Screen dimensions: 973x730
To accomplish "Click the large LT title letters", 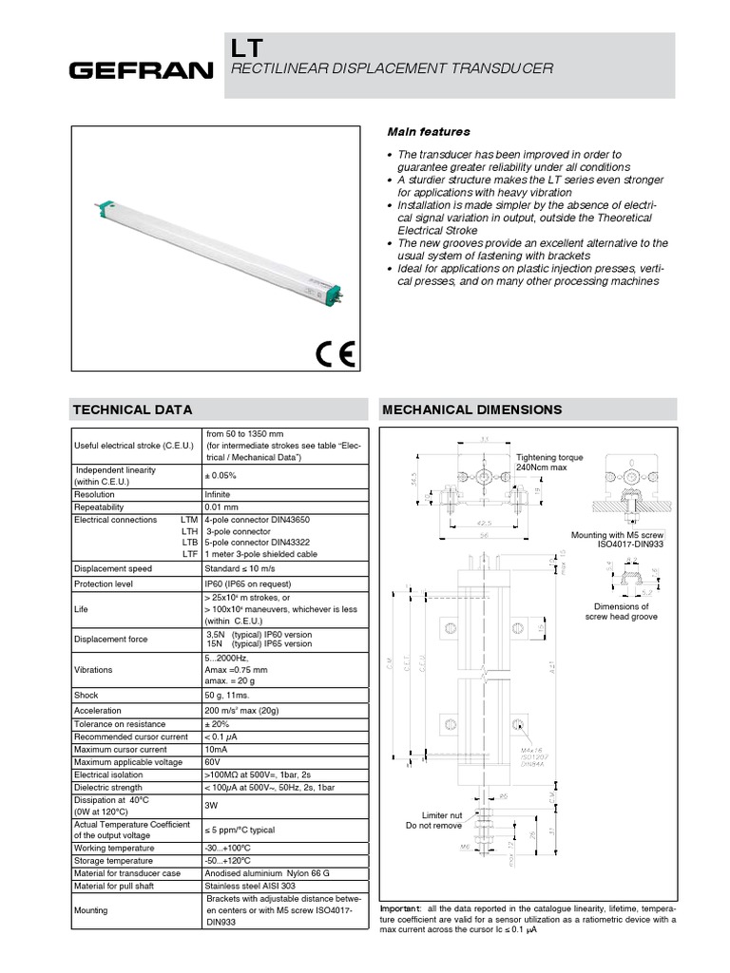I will click(246, 49).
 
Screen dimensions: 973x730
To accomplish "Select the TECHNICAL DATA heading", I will click(133, 410).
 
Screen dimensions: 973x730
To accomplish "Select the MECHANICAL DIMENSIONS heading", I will click(471, 410).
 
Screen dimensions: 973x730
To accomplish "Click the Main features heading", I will click(428, 131).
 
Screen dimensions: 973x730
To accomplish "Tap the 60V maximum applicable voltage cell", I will click(213, 763).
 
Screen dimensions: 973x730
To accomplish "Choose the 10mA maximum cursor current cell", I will click(217, 750).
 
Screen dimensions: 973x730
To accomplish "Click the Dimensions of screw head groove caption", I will click(622, 612).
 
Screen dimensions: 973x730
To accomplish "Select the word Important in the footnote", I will click(400, 907).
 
